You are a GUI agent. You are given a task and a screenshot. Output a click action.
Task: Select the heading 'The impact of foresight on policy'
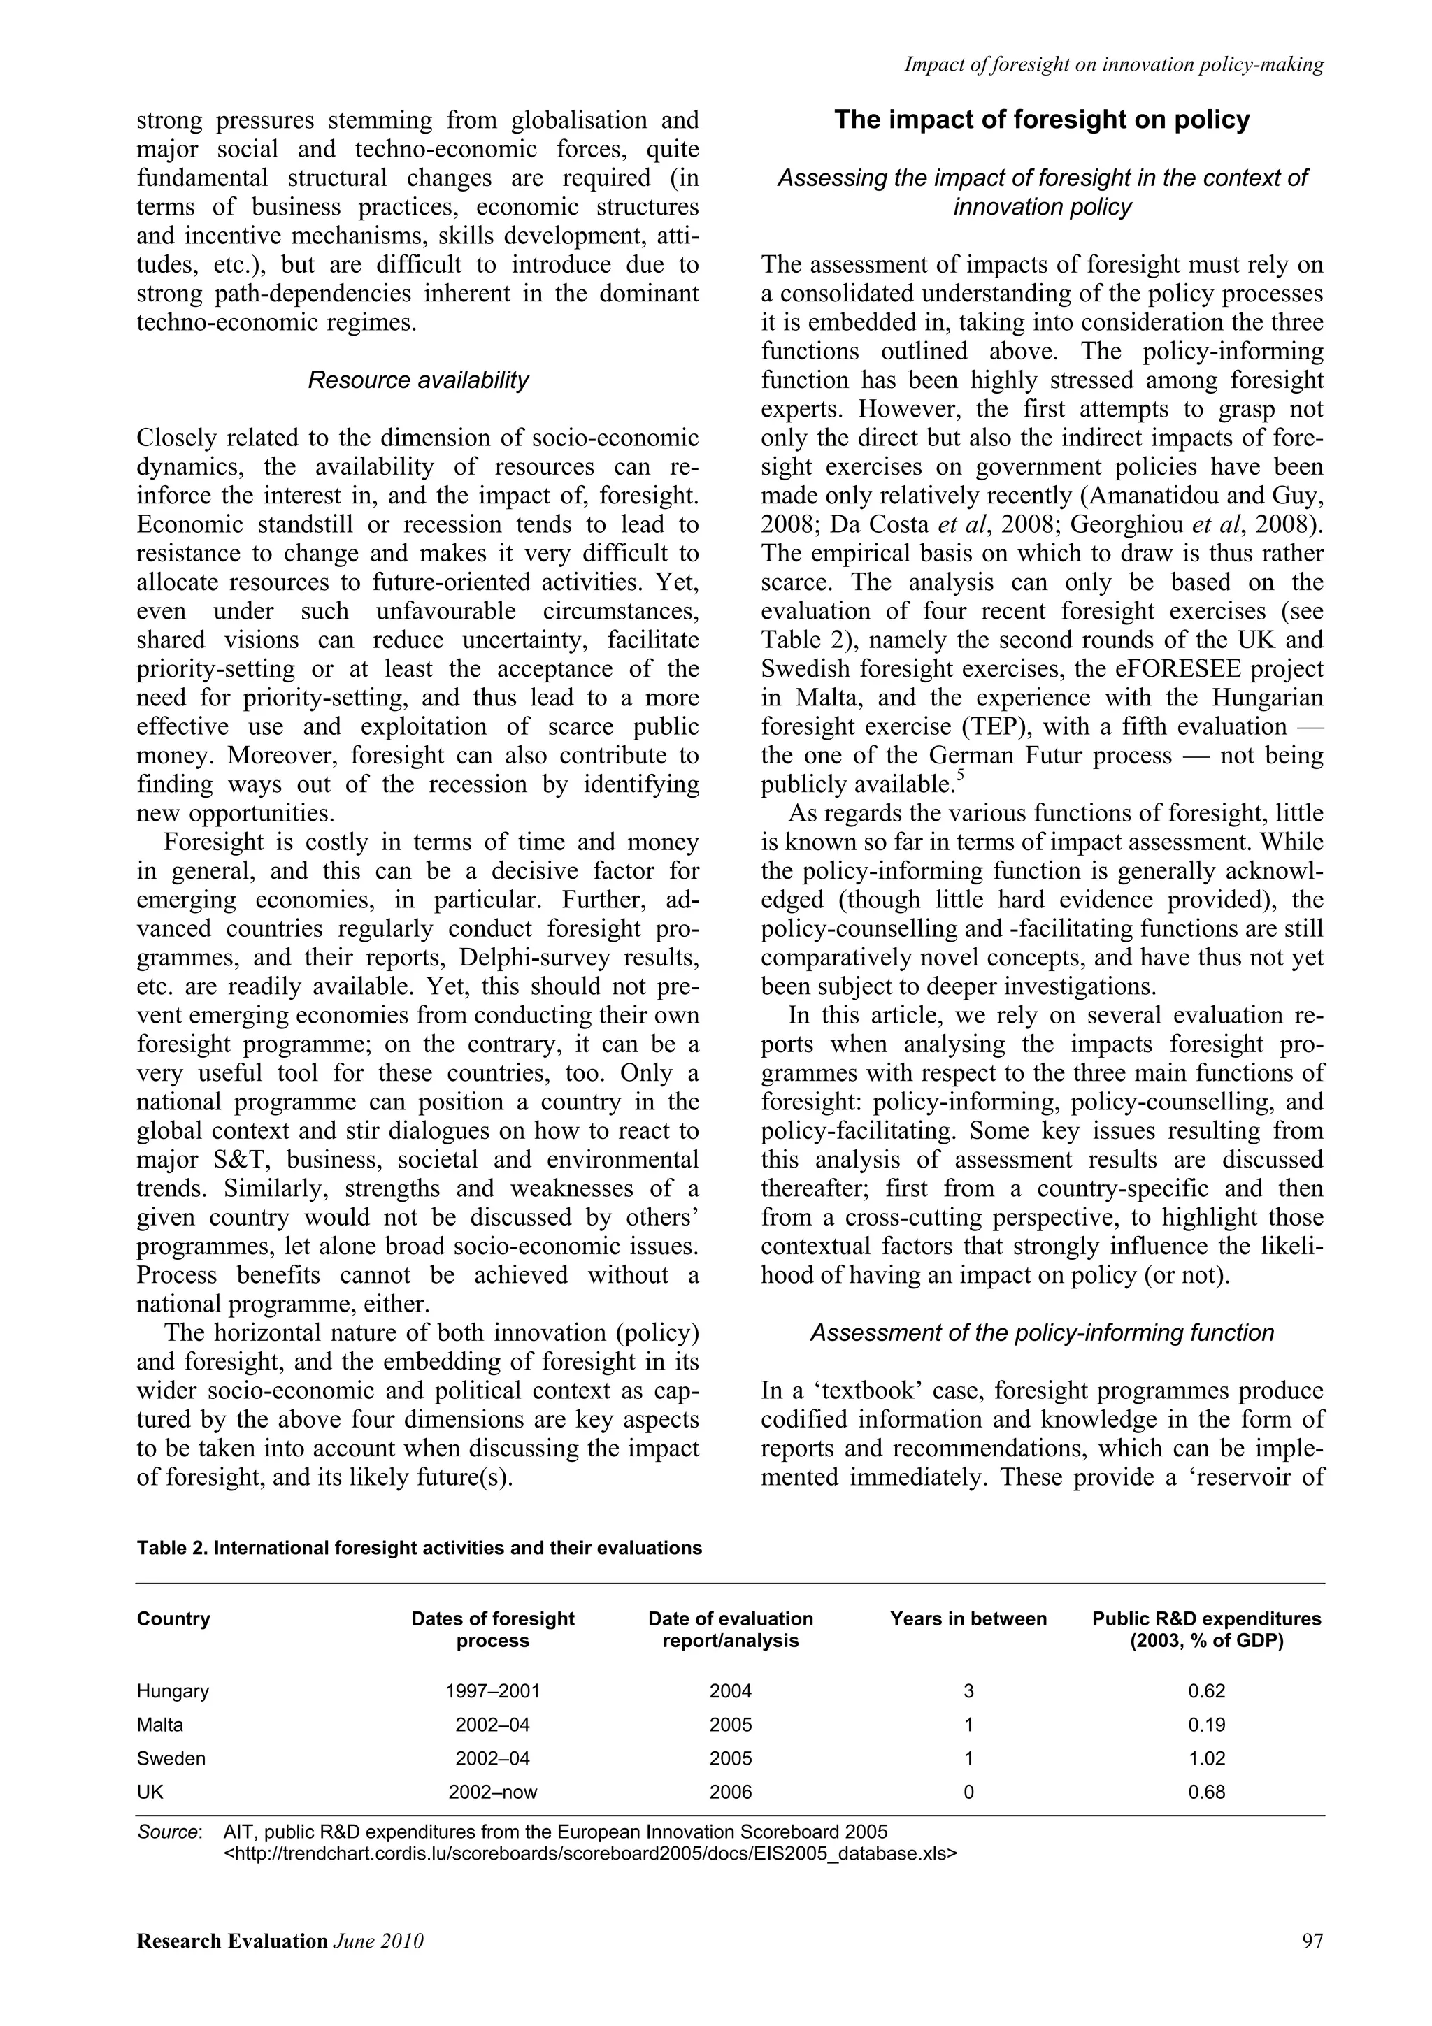(x=1042, y=120)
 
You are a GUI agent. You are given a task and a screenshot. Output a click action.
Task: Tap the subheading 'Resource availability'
(x=418, y=380)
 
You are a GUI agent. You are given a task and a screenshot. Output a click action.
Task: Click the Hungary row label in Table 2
(x=173, y=1690)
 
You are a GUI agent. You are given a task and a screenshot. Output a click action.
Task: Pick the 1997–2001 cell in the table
(x=492, y=1690)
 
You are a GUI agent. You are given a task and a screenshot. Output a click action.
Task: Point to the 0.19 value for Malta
(x=1206, y=1724)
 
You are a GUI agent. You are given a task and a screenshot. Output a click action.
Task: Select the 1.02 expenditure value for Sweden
(x=1206, y=1758)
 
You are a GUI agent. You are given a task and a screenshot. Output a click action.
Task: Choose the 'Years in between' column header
(x=968, y=1618)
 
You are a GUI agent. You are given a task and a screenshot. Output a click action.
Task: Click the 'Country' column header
(x=174, y=1618)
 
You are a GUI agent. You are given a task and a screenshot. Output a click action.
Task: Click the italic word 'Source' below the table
(x=168, y=1831)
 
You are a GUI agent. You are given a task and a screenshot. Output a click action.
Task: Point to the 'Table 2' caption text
(x=419, y=1548)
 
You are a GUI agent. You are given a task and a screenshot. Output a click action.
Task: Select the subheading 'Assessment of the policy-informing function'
(x=1042, y=1332)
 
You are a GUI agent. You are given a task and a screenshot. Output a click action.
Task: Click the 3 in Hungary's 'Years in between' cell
(x=968, y=1690)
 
